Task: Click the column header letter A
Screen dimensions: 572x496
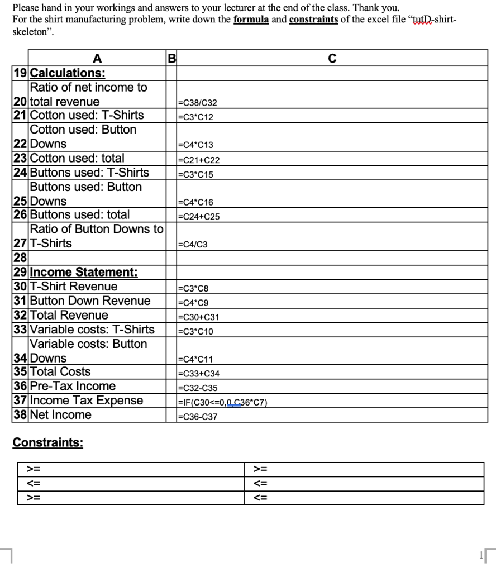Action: (97, 58)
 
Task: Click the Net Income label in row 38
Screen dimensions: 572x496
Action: (60, 415)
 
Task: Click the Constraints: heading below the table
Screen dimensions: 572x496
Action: (48, 443)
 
